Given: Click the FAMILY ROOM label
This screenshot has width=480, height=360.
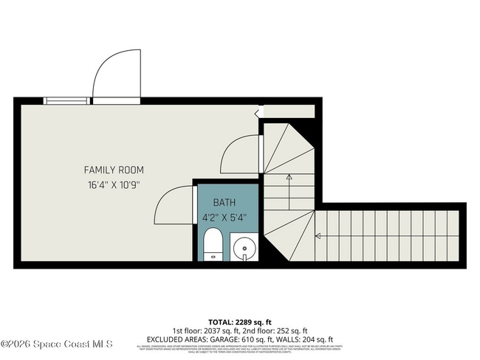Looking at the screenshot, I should click(113, 170).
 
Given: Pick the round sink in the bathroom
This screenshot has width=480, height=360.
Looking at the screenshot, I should click(244, 248).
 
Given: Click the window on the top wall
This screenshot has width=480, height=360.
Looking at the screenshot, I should click(66, 100).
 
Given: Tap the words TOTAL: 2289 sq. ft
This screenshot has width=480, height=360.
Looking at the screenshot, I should click(239, 322).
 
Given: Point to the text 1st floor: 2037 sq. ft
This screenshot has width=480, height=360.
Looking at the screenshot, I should click(203, 330).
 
